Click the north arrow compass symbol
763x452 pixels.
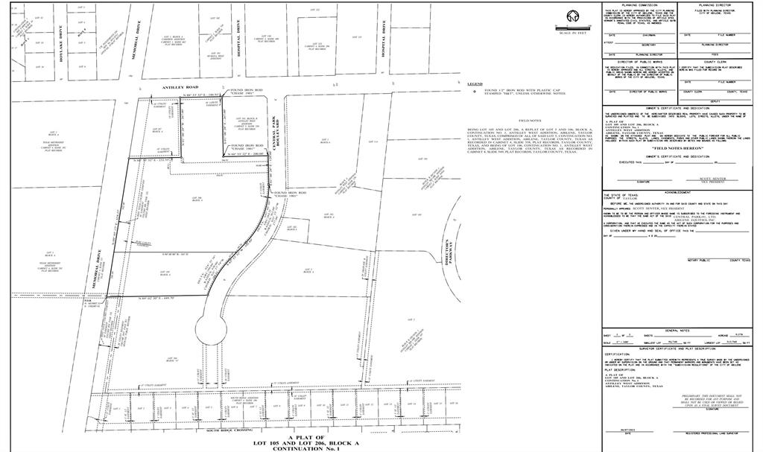[573, 17]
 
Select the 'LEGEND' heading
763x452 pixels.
[475, 84]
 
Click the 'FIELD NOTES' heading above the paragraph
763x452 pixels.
[531, 120]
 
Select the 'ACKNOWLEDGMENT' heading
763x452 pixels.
[677, 191]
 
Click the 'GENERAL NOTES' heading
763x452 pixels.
[677, 329]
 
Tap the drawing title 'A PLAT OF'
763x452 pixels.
[306, 437]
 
